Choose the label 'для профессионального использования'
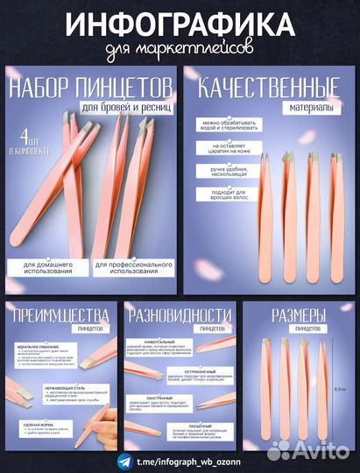(131, 266)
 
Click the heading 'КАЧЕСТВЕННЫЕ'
(268, 88)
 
